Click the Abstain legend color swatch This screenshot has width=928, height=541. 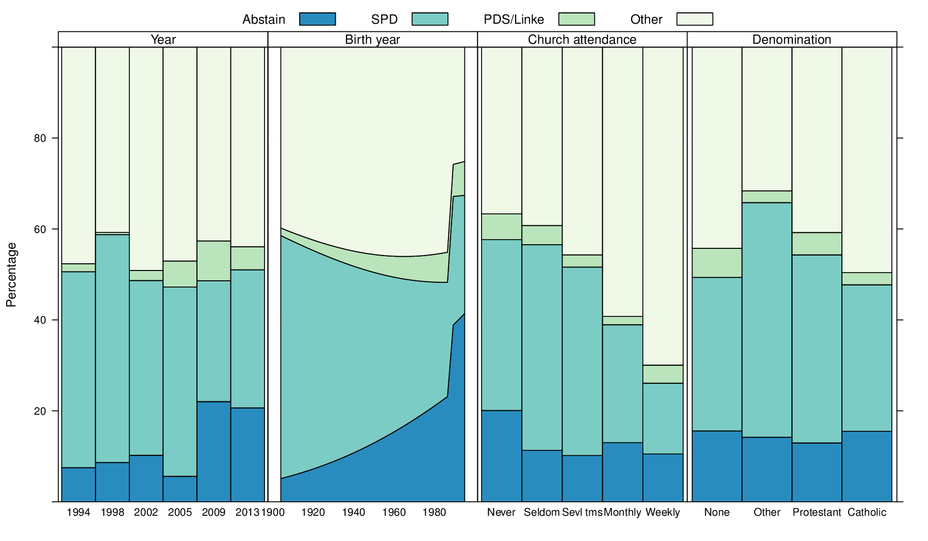[x=317, y=19]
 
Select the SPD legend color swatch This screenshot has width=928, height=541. [x=429, y=19]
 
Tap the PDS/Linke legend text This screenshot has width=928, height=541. [x=513, y=20]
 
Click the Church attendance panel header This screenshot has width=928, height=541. [x=582, y=40]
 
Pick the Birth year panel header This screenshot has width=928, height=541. [x=372, y=40]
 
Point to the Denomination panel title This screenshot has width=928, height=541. [x=791, y=40]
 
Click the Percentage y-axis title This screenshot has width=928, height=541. [x=11, y=275]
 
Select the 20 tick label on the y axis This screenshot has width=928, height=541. [x=40, y=411]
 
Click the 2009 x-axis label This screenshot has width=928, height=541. [x=213, y=512]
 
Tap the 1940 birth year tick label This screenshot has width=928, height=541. [x=354, y=512]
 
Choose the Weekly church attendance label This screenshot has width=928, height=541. [x=662, y=512]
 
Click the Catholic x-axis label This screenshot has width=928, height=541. [x=867, y=512]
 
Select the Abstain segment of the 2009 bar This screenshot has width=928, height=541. [x=213, y=451]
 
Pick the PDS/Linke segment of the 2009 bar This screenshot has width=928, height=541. [x=213, y=261]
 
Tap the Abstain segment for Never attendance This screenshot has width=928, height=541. [x=501, y=456]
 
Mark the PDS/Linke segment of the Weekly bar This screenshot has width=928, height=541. [x=662, y=374]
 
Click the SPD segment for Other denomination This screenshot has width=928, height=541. [x=767, y=320]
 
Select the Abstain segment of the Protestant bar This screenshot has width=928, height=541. [x=817, y=472]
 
